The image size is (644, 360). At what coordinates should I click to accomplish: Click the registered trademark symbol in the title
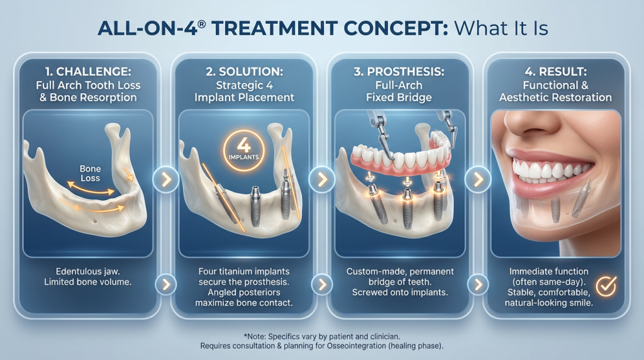[201, 24]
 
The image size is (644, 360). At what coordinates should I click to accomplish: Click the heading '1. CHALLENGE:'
[88, 72]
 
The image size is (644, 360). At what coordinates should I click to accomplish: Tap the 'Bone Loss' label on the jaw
[90, 174]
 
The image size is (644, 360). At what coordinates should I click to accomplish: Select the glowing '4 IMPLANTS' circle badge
[243, 150]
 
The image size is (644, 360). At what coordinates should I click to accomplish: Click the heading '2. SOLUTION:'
[245, 72]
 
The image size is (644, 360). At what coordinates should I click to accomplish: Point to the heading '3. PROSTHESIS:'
[399, 72]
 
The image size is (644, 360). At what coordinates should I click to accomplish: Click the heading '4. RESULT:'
[555, 72]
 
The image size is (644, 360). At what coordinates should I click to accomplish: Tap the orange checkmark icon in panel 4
[606, 286]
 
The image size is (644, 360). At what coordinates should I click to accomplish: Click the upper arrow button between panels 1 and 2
[166, 179]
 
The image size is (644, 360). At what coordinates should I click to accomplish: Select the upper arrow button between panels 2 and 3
[322, 179]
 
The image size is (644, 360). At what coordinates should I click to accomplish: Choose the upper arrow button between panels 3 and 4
[478, 179]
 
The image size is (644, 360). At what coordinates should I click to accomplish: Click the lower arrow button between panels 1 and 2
[166, 284]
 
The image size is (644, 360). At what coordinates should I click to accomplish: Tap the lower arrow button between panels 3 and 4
[478, 284]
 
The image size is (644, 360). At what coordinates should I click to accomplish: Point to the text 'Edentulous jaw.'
[88, 271]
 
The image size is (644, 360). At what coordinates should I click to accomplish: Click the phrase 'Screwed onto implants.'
[400, 293]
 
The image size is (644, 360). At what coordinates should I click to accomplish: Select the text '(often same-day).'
[548, 282]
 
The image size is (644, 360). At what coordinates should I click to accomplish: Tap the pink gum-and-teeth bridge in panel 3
[401, 156]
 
